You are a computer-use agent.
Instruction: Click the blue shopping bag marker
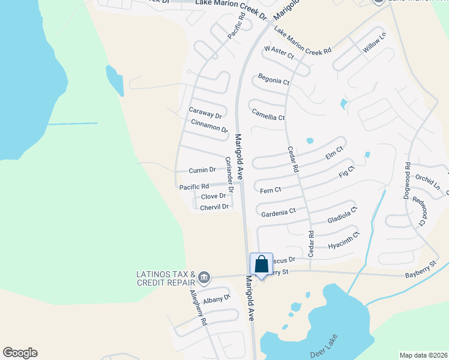point(261,265)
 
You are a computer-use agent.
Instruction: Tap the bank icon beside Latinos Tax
point(204,277)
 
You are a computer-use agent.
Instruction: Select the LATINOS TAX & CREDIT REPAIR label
point(166,278)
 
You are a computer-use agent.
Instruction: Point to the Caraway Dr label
point(205,112)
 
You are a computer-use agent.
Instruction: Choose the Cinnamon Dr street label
point(209,126)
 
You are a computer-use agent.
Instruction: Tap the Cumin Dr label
point(202,170)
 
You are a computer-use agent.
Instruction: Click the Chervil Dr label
point(215,207)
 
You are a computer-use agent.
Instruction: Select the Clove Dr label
point(213,196)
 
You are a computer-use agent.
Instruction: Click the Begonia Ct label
point(274,79)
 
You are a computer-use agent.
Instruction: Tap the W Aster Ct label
point(279,52)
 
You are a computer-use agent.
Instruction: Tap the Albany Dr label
point(217,299)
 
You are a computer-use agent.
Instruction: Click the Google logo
point(20,353)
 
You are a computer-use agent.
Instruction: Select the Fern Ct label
point(271,190)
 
